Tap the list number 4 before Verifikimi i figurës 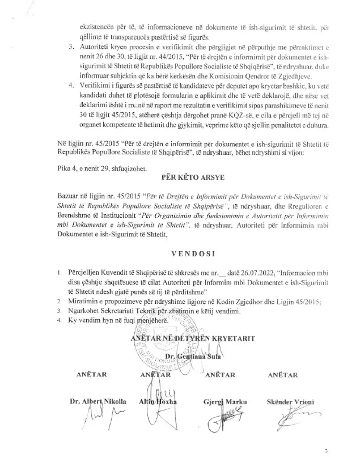point(70,85)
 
